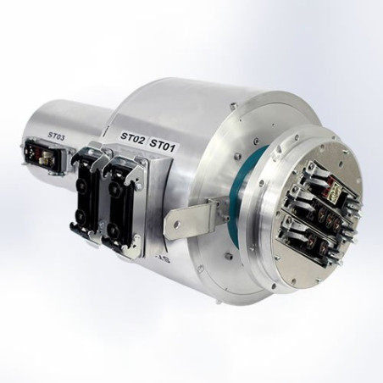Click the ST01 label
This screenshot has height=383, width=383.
162,144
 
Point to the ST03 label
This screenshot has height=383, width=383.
56,136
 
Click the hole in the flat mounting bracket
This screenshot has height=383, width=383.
176,225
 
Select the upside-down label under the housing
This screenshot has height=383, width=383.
159,257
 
